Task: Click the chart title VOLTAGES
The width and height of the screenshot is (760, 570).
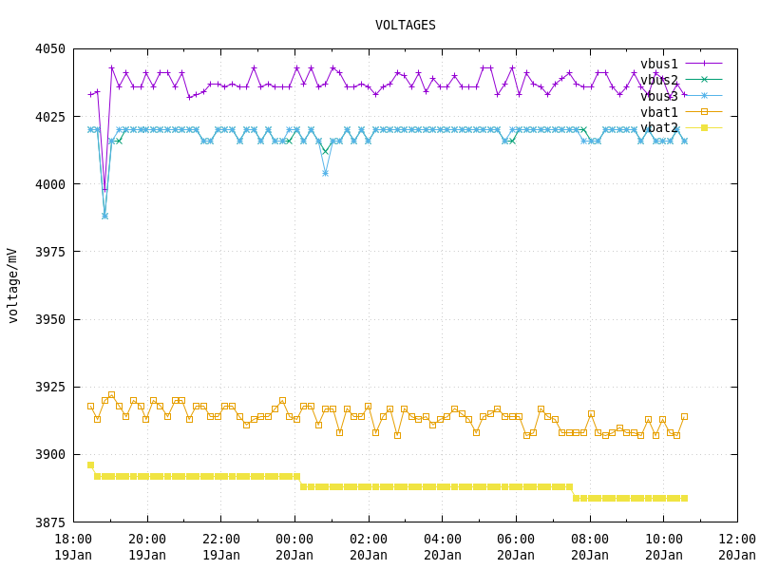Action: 406,26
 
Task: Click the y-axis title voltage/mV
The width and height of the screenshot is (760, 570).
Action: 13,286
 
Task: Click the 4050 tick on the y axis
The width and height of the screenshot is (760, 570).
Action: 50,49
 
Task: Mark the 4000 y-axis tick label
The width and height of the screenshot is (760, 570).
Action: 50,184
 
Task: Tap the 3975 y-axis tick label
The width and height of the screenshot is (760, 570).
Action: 50,252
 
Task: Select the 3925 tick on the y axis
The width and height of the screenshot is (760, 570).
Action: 50,387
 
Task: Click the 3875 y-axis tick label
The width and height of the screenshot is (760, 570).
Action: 50,522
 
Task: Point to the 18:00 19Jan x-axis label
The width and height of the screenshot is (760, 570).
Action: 73,547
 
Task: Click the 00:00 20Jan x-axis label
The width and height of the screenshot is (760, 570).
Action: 294,547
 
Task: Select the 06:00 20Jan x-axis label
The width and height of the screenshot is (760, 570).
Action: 516,547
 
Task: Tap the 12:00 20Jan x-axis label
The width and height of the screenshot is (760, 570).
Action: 737,547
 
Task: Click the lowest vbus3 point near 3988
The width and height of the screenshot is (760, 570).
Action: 104,216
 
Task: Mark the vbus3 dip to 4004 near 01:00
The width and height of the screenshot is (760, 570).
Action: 325,173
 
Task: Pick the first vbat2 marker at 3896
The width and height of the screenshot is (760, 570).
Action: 90,465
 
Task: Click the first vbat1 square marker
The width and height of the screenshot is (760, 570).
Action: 90,406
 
